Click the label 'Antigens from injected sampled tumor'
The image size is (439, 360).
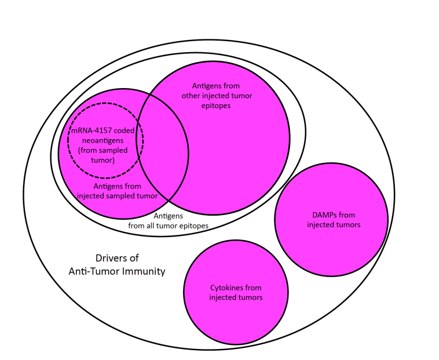click(118, 191)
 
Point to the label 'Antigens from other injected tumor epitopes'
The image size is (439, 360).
click(217, 96)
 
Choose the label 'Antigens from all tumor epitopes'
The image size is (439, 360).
click(168, 221)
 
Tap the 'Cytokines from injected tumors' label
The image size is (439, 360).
click(235, 292)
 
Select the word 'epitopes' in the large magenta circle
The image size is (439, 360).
click(217, 106)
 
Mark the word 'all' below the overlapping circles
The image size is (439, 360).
click(154, 226)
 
